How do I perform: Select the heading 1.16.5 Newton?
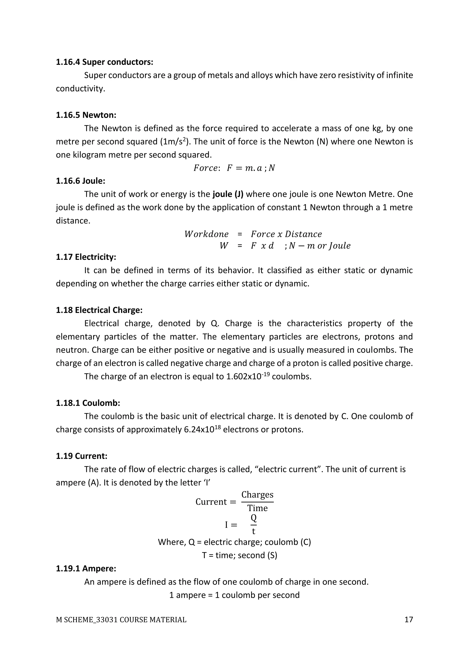(x=86, y=115)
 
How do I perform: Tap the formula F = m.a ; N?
(x=251, y=168)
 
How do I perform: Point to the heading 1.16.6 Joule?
(x=80, y=181)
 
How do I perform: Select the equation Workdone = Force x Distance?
(x=253, y=234)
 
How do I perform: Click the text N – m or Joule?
(x=320, y=246)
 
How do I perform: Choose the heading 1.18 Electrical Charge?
(x=99, y=310)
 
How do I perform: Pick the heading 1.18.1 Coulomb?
(x=88, y=403)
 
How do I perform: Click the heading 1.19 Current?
(x=82, y=456)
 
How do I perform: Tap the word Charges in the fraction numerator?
(x=257, y=495)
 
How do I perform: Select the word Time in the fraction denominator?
(x=257, y=508)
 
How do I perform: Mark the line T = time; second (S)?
(x=239, y=555)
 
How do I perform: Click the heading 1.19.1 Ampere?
(x=86, y=569)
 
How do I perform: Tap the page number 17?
(x=408, y=620)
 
